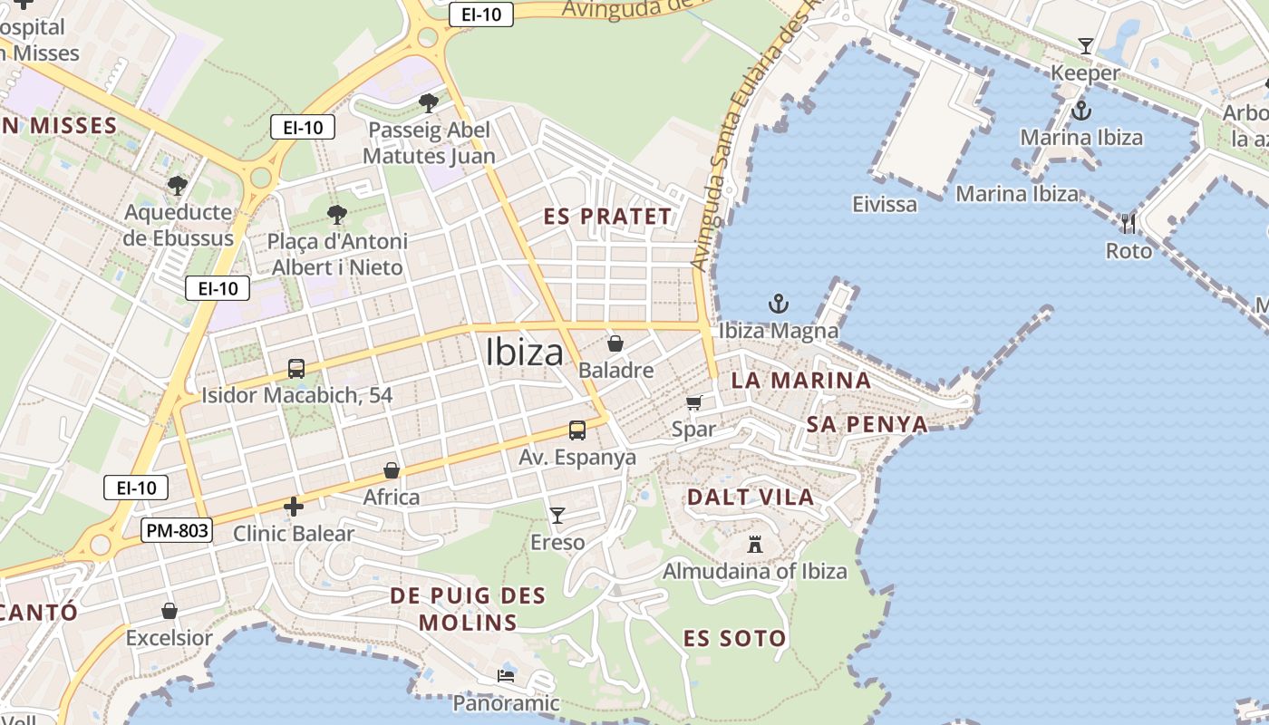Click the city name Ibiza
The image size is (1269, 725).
[524, 353]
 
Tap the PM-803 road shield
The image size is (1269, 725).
[177, 530]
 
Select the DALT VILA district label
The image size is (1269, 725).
[750, 497]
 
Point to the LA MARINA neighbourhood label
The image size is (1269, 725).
[800, 381]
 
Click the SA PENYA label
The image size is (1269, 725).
[867, 424]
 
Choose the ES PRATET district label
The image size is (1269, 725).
[608, 217]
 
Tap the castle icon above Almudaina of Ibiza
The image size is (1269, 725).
[754, 544]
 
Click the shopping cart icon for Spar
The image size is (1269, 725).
[694, 402]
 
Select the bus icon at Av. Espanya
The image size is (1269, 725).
[577, 430]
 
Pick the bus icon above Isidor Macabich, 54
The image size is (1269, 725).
[296, 369]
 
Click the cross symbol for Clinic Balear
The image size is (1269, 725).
[293, 507]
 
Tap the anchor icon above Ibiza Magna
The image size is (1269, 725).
[778, 304]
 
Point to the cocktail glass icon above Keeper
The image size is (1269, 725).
[1085, 45]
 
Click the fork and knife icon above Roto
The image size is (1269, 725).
[1129, 224]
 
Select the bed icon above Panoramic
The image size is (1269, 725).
[506, 676]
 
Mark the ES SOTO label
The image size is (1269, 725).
[734, 638]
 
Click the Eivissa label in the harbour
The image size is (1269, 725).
[885, 204]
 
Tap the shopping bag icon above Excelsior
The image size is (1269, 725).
[169, 611]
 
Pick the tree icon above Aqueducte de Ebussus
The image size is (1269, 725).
[178, 186]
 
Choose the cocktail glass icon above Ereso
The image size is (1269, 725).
[557, 516]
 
